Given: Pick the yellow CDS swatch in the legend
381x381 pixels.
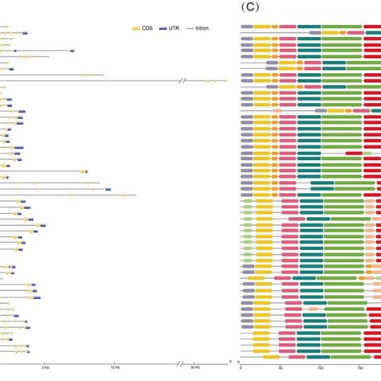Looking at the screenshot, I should coord(136,28).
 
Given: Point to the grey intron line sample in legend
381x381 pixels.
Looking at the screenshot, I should coord(190,28).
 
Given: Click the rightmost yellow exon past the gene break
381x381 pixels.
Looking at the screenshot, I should coord(226,80).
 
